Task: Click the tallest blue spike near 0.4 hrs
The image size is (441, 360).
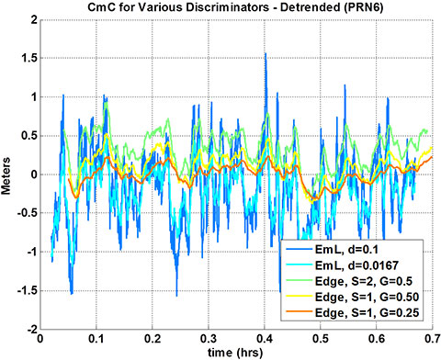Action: [x=265, y=54]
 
